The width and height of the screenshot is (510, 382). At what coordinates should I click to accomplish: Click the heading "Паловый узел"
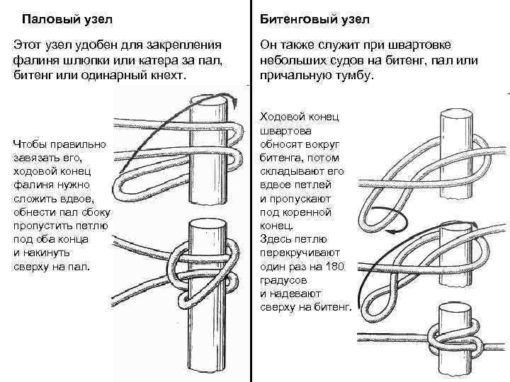pyautogui.click(x=67, y=16)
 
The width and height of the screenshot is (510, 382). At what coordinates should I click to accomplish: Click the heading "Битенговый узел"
pyautogui.click(x=310, y=16)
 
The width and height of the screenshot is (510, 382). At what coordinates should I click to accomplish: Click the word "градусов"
pyautogui.click(x=283, y=279)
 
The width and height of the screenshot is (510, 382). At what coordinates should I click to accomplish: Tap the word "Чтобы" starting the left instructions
pyautogui.click(x=30, y=144)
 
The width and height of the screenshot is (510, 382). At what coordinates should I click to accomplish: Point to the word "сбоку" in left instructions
pyautogui.click(x=94, y=212)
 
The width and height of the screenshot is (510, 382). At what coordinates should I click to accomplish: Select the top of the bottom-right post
pyautogui.click(x=453, y=308)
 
